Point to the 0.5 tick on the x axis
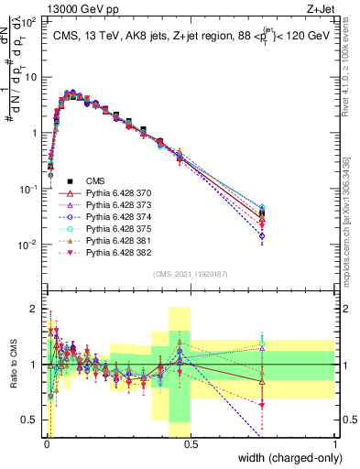pos(191,443)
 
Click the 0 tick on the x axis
pos(47,443)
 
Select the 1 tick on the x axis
pos(334,443)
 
